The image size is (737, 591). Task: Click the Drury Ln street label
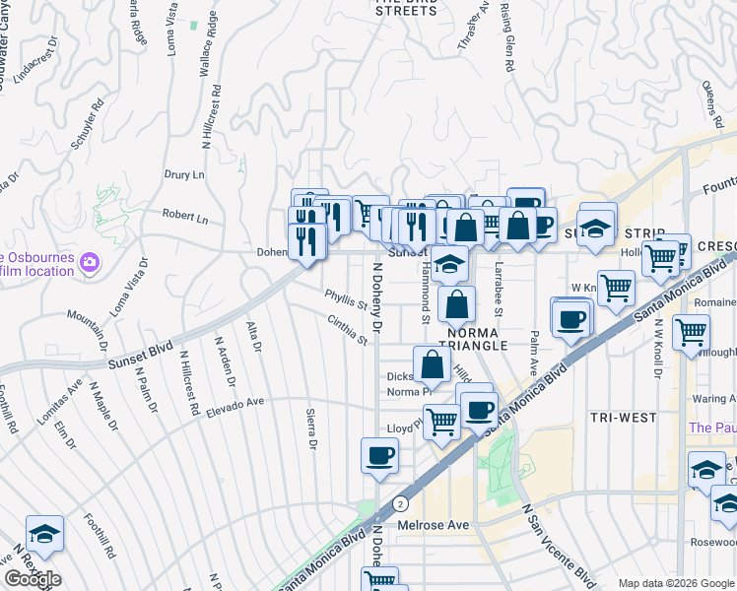tap(184, 174)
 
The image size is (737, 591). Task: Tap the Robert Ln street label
tap(185, 216)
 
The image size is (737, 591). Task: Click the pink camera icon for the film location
tap(90, 262)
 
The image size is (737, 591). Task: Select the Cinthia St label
tap(348, 329)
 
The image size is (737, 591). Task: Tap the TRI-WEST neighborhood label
tap(623, 418)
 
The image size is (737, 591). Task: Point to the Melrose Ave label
tap(434, 525)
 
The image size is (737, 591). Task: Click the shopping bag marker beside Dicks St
tap(433, 365)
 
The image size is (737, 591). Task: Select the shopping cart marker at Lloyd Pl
tap(442, 421)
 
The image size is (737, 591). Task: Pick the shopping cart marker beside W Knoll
tap(616, 289)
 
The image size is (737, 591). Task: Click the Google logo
tap(33, 579)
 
